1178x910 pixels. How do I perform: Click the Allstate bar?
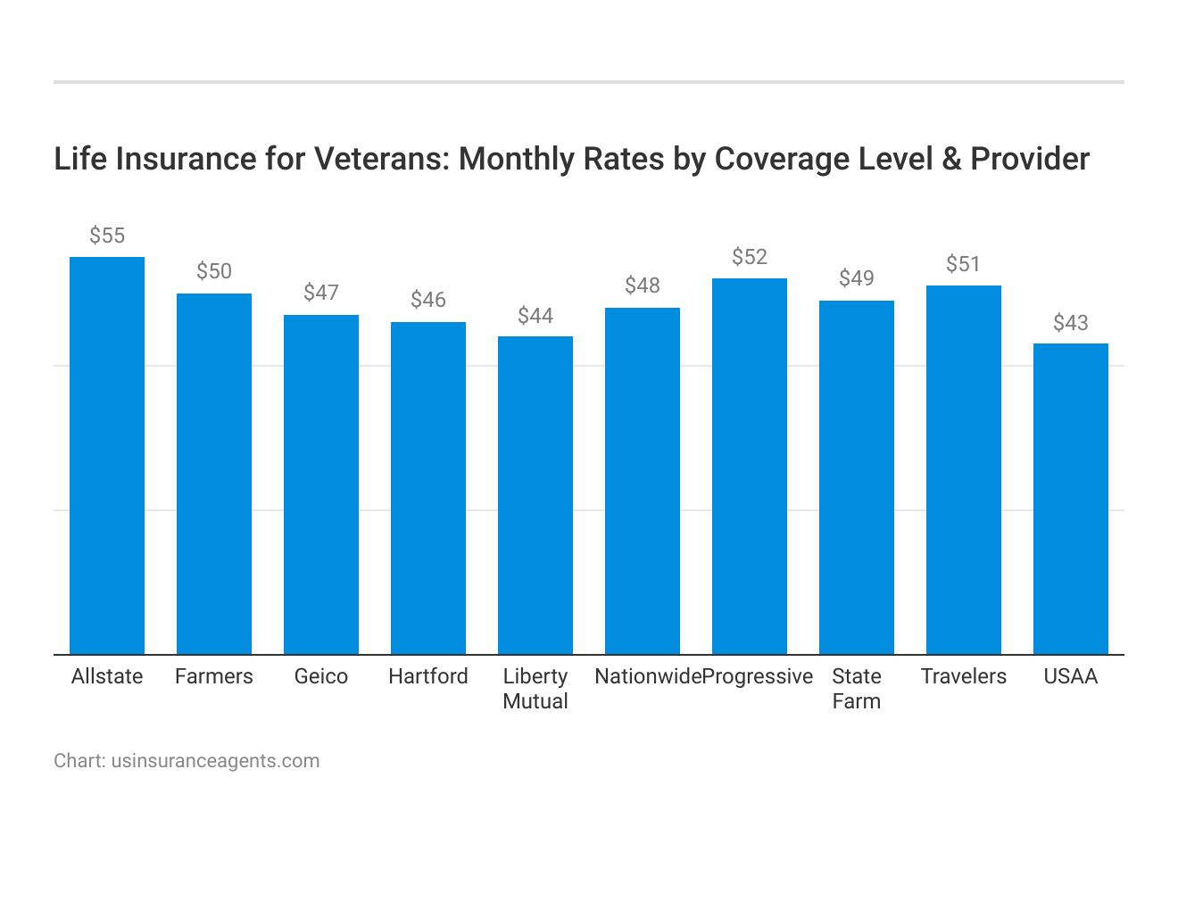click(107, 455)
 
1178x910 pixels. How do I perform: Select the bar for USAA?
click(1071, 499)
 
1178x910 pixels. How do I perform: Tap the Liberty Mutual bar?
click(535, 495)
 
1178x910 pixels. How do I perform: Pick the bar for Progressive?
click(750, 466)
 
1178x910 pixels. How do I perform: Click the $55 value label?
click(107, 236)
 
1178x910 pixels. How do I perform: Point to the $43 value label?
click(1071, 323)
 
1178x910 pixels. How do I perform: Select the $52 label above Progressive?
click(750, 257)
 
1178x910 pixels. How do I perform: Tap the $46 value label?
click(428, 300)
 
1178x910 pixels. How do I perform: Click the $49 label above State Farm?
click(857, 278)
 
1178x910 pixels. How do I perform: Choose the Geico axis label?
click(321, 676)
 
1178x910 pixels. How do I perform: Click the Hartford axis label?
click(428, 676)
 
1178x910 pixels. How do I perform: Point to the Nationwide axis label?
click(648, 676)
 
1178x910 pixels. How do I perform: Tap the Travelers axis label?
click(964, 676)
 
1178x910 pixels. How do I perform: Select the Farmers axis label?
click(214, 676)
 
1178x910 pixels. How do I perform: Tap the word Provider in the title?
click(1030, 159)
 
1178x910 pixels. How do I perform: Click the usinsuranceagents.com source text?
click(215, 761)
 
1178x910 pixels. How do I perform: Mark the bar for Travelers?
click(964, 469)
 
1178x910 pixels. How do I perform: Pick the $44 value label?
click(535, 316)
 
